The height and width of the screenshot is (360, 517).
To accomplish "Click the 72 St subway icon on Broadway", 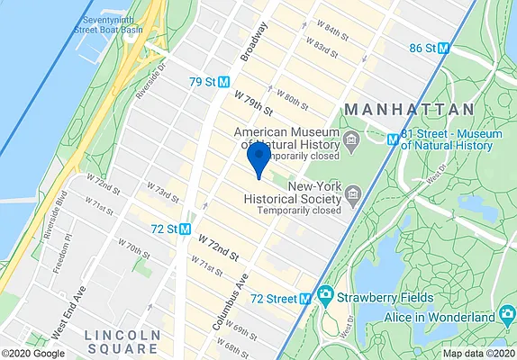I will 186,229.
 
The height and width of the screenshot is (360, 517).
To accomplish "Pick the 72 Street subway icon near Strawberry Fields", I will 306,297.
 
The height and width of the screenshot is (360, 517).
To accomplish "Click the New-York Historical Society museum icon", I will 353,193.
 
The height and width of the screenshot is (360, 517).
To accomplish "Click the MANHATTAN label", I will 409,109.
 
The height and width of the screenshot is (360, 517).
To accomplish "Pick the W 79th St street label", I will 253,101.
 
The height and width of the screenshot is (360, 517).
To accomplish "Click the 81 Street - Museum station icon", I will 393,139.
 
